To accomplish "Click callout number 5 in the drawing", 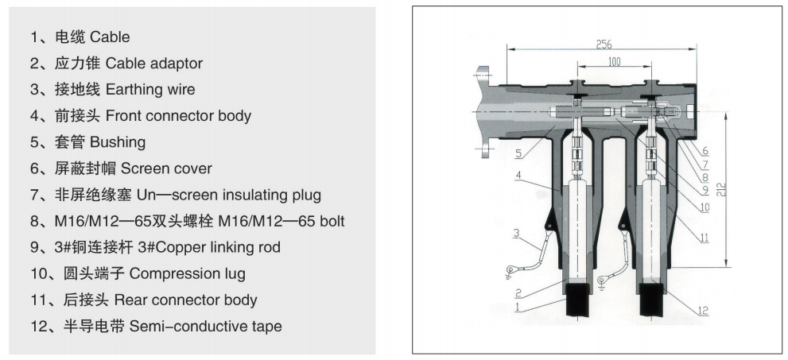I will tap(518, 153).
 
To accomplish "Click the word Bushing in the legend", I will tap(118, 142).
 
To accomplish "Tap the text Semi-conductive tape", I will tap(205, 326).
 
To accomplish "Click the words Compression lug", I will tap(188, 273).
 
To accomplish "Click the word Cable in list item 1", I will tap(110, 37).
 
